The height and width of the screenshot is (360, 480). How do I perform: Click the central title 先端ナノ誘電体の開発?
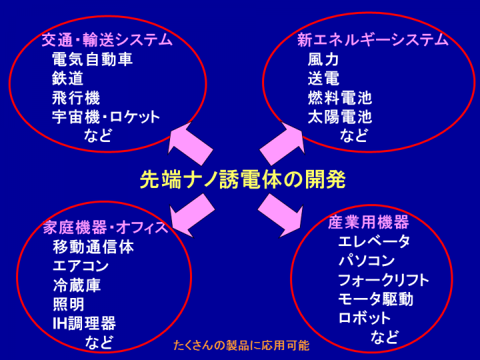pyautogui.click(x=243, y=179)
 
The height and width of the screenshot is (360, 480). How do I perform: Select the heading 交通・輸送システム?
pyautogui.click(x=107, y=40)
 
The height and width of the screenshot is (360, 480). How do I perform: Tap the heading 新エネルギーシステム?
pyautogui.click(x=373, y=40)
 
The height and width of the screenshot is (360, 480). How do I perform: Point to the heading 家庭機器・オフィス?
pyautogui.click(x=105, y=227)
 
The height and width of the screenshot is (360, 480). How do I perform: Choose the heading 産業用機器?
pyautogui.click(x=369, y=222)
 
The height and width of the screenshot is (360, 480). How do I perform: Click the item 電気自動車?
pyautogui.click(x=92, y=59)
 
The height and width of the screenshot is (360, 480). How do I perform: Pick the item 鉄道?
pyautogui.click(x=67, y=79)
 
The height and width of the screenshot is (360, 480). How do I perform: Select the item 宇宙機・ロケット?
pyautogui.click(x=106, y=117)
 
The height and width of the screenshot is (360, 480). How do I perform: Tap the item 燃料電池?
pyautogui.click(x=340, y=98)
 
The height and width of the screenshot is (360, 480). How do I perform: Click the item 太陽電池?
pyautogui.click(x=340, y=117)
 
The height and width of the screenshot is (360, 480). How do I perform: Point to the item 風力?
pyautogui.click(x=323, y=59)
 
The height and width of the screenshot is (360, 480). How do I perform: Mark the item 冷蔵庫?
pyautogui.click(x=77, y=285)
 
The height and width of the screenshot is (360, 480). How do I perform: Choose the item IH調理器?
pyautogui.click(x=85, y=323)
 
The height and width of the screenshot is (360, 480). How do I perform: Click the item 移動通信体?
pyautogui.click(x=93, y=247)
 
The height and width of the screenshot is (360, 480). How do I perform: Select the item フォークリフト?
pyautogui.click(x=383, y=280)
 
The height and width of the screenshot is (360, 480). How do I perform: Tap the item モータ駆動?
pyautogui.click(x=376, y=299)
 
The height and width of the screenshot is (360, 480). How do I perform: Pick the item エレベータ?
pyautogui.click(x=374, y=241)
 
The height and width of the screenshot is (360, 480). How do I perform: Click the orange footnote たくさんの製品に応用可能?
pyautogui.click(x=241, y=345)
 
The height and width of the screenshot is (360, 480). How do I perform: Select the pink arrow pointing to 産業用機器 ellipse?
pyautogui.click(x=281, y=215)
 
